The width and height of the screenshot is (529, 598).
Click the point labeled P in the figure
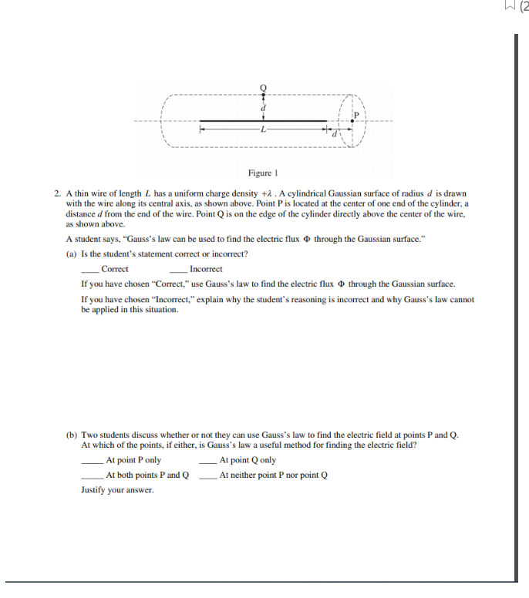click(355, 120)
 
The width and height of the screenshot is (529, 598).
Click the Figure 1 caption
click(264, 173)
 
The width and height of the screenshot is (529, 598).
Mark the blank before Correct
click(90, 270)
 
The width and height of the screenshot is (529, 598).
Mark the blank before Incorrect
click(179, 270)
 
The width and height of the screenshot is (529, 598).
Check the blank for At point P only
click(93, 461)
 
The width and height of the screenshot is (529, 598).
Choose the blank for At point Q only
click(208, 461)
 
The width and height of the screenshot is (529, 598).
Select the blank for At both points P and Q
click(93, 475)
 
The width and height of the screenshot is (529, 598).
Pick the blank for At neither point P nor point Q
click(208, 475)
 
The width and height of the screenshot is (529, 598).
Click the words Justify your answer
click(117, 490)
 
